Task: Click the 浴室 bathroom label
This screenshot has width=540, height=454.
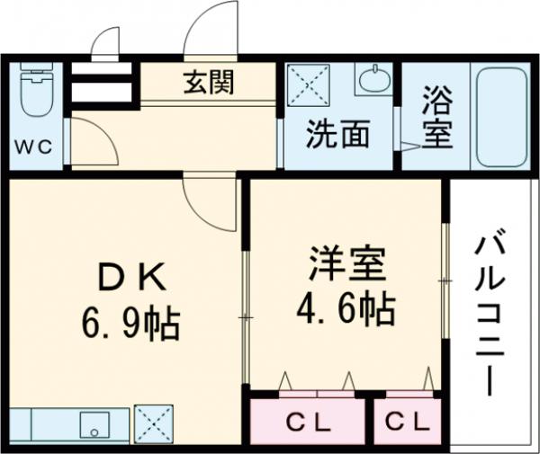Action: [436, 117]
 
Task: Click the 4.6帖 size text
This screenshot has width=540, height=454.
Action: [346, 309]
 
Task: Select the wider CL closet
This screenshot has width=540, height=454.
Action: [309, 421]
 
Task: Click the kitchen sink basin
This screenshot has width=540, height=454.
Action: [94, 423]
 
